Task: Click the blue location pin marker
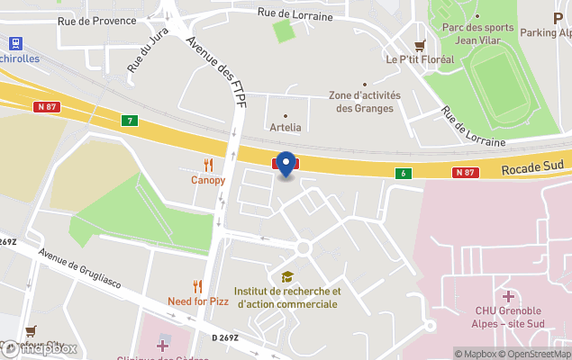click(x=286, y=164)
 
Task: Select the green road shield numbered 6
click(x=405, y=173)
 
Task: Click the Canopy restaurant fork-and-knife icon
click(x=208, y=165)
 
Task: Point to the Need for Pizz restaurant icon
click(x=198, y=286)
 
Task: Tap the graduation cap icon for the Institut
click(x=287, y=276)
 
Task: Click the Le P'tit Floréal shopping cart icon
click(x=419, y=45)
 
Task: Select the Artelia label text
click(x=286, y=128)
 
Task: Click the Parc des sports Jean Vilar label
click(x=477, y=34)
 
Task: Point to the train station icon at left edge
click(x=14, y=42)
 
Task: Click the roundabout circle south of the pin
click(x=304, y=247)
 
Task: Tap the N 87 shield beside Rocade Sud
click(x=464, y=172)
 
